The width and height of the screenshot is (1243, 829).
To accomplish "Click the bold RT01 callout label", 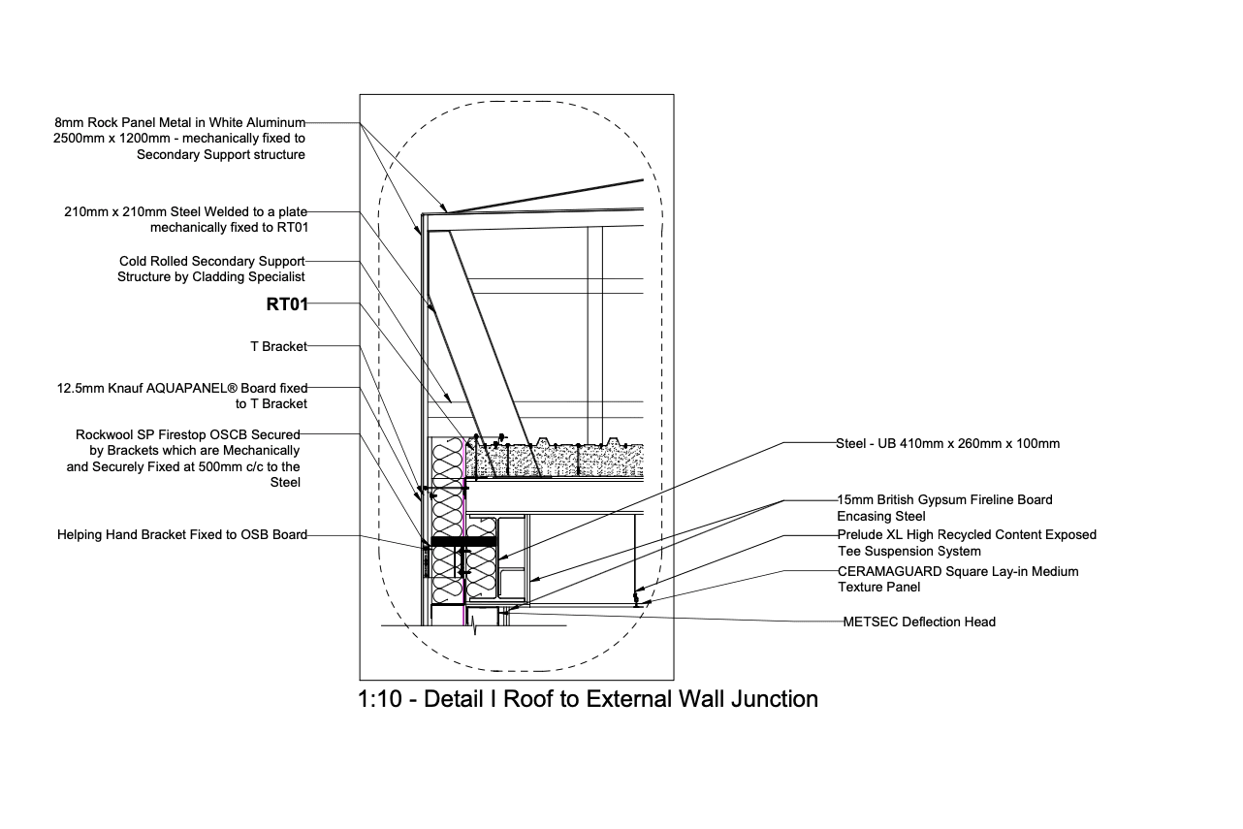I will click(x=287, y=304).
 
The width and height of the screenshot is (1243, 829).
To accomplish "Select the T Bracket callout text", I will click(x=278, y=346).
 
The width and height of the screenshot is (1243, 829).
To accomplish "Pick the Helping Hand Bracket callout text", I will click(x=182, y=534).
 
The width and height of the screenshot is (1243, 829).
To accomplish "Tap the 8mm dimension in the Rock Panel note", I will click(x=70, y=123).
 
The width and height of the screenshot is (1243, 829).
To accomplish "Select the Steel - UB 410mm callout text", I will click(x=947, y=444).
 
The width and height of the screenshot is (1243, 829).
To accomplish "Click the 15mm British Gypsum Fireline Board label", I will click(x=944, y=500).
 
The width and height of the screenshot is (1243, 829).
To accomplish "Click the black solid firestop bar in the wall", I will click(x=463, y=538).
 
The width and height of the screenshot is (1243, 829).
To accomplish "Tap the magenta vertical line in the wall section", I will click(x=466, y=514).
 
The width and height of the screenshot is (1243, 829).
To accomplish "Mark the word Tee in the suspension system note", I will click(x=850, y=551).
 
